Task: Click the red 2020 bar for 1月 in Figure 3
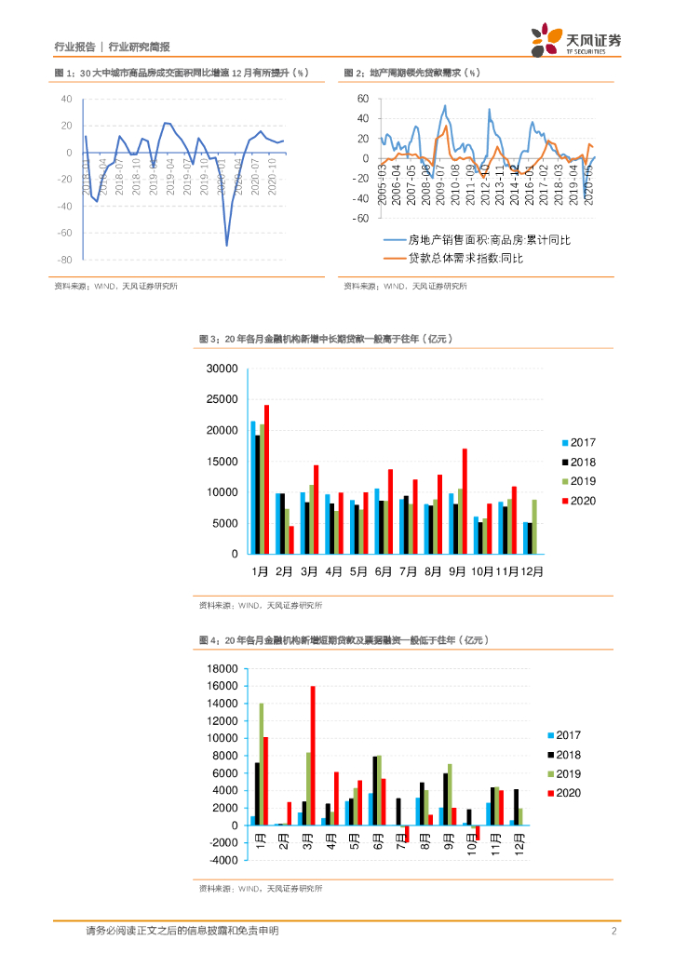[x=266, y=479]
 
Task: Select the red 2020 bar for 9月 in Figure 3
[x=465, y=501]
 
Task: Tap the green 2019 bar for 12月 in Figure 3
[x=532, y=527]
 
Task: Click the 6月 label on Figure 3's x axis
[x=383, y=569]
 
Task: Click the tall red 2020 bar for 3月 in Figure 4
[x=313, y=756]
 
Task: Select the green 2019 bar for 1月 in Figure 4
[x=262, y=764]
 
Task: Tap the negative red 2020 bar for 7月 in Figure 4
[x=406, y=834]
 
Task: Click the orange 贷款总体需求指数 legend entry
[x=456, y=258]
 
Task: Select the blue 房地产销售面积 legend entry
[x=475, y=240]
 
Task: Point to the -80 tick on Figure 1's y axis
[x=65, y=260]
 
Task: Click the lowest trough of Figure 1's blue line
[x=226, y=245]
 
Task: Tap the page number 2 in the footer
[x=614, y=932]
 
